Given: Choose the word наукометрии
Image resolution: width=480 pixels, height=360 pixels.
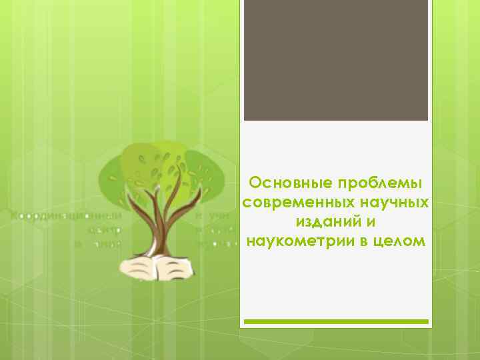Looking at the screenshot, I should [x=297, y=241].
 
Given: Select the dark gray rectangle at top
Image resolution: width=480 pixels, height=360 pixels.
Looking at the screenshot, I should [x=335, y=60].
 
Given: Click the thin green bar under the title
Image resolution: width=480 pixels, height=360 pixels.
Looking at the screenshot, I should [x=335, y=321].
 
